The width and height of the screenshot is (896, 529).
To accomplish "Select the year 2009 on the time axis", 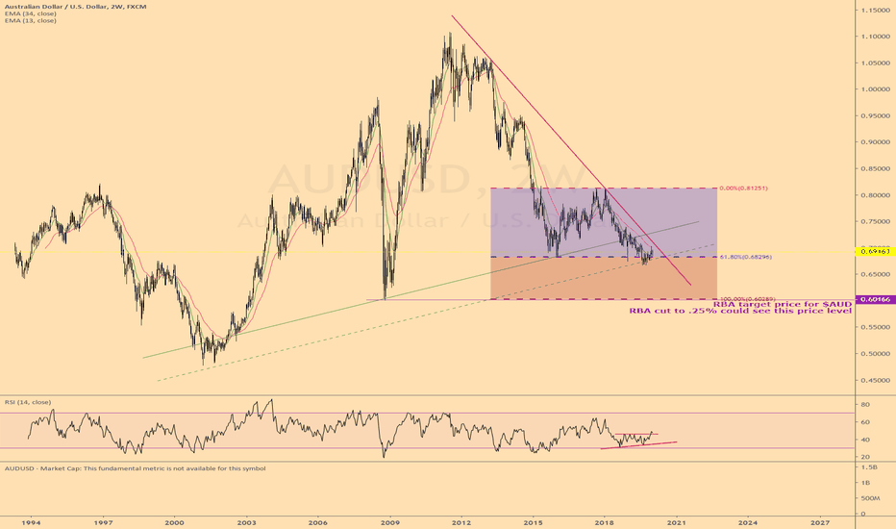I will pos(389,520).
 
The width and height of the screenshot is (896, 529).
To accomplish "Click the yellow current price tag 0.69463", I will pos(872,251).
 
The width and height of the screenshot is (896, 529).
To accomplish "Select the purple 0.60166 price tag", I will pos(872,300).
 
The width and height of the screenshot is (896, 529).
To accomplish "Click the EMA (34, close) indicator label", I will pos(30,13).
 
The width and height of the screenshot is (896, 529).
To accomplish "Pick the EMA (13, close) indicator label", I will pos(30,20).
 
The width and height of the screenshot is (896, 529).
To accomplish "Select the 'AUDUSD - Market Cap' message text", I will pos(135,467).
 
